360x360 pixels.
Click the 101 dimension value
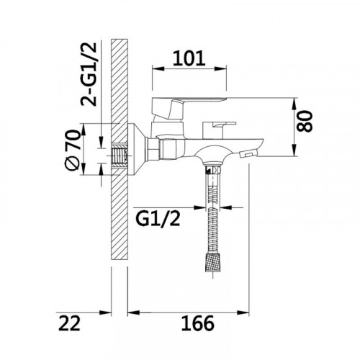point(189,58)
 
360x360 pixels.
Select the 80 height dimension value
point(305,121)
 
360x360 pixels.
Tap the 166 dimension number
point(197,323)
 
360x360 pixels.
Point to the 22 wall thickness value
point(69,323)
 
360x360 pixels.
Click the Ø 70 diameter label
point(72,150)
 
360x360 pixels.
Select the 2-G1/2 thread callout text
point(89,74)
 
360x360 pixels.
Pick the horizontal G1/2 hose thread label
point(158,219)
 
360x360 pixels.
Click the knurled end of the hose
point(213,263)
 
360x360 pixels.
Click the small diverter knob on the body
point(218,130)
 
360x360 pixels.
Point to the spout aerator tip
point(248,153)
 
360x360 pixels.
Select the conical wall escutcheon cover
point(136,150)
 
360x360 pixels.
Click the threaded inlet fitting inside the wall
point(120,156)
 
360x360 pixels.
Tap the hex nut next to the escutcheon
point(153,149)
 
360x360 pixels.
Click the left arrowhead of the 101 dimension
point(158,69)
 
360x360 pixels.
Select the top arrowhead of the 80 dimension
point(294,104)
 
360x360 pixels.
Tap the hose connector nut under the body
point(213,169)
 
